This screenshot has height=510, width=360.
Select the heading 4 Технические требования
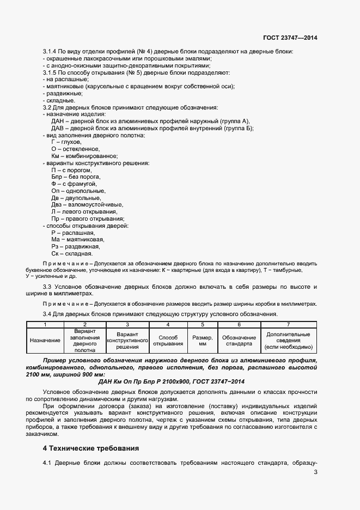(90, 448)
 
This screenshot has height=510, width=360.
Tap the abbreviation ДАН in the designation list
(58, 121)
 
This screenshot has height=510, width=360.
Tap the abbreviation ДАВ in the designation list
(58, 128)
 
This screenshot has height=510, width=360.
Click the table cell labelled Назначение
(45, 341)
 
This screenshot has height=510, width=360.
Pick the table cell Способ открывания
(168, 341)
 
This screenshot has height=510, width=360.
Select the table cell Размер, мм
(202, 341)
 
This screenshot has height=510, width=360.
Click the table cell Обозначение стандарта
(239, 341)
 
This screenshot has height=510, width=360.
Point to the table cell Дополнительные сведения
(288, 341)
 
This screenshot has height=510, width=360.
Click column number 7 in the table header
(288, 325)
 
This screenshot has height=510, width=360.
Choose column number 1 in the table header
(45, 325)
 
